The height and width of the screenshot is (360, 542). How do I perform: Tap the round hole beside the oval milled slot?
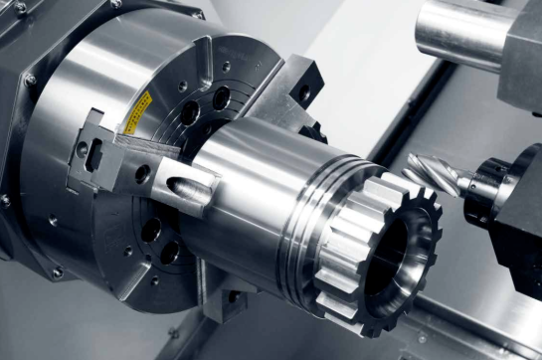coord(142,173)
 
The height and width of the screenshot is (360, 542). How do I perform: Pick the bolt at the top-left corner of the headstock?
coord(19,8)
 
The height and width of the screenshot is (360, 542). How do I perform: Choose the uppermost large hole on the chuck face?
coord(221,96)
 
